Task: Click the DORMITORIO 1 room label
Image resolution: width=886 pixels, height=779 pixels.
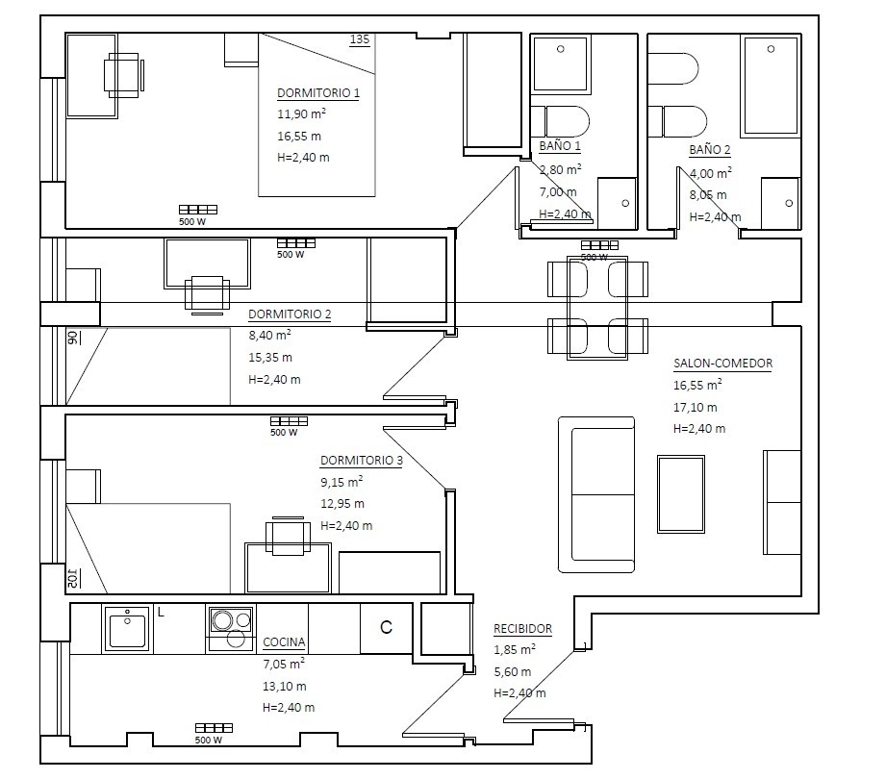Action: pos(318,93)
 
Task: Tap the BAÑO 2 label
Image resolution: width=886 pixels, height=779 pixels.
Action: pos(710,150)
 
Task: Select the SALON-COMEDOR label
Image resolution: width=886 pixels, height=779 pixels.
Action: pos(722,364)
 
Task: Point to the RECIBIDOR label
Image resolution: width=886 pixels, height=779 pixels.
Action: pos(522,629)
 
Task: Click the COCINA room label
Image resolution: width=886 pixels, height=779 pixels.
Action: pos(284,642)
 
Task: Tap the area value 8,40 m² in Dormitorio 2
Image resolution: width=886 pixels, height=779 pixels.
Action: pos(270,335)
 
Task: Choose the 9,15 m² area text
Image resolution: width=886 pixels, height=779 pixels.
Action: pos(342,482)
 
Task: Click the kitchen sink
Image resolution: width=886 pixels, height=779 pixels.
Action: pos(127,629)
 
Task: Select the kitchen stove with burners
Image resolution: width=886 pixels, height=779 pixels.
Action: pos(231,629)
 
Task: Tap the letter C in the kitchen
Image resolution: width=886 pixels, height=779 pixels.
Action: pos(386,628)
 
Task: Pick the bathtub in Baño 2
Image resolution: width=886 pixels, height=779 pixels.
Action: pos(771,86)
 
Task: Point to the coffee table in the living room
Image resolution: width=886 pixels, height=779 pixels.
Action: pos(681,494)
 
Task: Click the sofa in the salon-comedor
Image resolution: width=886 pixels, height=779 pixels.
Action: pos(596,495)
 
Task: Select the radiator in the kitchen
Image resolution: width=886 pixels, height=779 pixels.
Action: pos(215,728)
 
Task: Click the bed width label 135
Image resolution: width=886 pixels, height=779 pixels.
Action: pos(360,39)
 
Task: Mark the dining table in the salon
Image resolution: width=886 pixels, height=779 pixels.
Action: pos(597,308)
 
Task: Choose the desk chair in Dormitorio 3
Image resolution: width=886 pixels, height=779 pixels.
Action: pos(289,536)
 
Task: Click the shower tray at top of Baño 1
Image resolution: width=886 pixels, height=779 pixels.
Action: pos(561,63)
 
